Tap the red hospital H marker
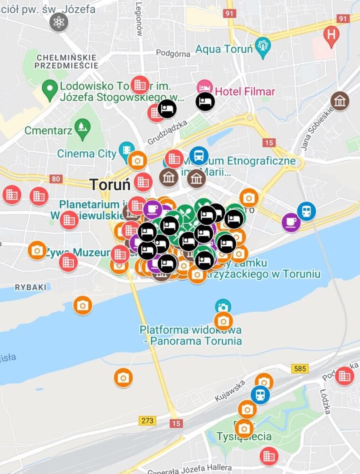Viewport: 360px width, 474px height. point(332,35)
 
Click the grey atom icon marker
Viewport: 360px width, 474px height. point(59,22)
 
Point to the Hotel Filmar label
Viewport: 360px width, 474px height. point(245,91)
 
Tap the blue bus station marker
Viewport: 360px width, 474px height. point(199,156)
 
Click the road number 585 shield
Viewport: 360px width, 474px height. point(300,368)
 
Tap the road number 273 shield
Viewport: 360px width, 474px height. point(148,420)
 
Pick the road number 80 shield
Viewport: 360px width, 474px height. point(55,179)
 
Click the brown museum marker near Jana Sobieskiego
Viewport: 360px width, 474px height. point(340,101)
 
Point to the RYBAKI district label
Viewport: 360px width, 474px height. point(30,287)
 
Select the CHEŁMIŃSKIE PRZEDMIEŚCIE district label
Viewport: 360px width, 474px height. point(67,62)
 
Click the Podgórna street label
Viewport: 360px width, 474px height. point(173,54)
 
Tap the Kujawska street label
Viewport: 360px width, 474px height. point(230,390)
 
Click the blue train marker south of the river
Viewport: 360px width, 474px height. point(260,394)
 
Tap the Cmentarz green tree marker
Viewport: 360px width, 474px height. point(83,127)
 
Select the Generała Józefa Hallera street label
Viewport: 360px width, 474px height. point(190,469)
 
